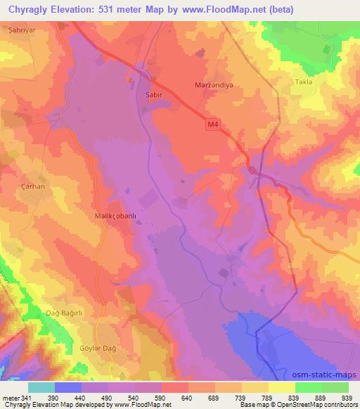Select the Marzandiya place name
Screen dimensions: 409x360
coord(213,86)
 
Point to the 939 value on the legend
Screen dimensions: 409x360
coord(346,398)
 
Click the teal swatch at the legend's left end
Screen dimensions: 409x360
coord(42,387)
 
